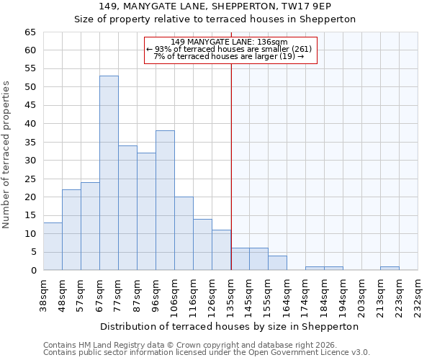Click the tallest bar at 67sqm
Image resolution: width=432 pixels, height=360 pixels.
[109, 173]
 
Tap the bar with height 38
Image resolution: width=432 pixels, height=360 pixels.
[165, 200]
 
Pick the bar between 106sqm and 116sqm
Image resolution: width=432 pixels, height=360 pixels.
[184, 233]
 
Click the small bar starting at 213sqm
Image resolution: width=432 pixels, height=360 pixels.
[390, 269]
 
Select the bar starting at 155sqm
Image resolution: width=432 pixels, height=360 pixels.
[277, 263]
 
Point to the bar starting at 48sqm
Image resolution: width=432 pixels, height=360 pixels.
[71, 230]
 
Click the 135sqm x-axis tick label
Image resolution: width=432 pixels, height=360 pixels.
[230, 294]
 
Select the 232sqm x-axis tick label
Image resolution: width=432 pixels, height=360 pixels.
[418, 294]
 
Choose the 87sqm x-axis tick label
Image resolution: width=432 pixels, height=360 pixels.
[137, 293]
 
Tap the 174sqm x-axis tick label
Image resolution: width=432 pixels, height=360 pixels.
[305, 294]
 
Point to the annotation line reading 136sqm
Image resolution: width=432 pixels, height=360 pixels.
[230, 42]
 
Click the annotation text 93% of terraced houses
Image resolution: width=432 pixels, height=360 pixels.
[230, 49]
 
